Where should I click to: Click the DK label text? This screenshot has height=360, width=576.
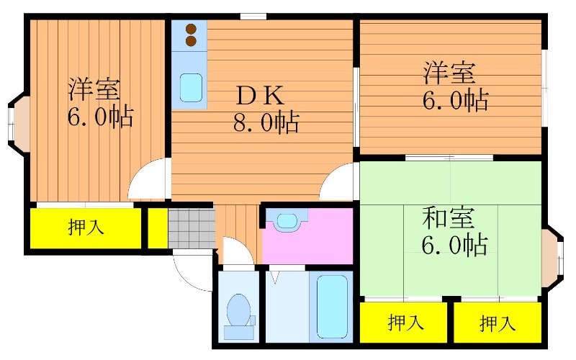pyautogui.click(x=260, y=95)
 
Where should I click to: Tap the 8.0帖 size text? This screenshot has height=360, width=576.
pyautogui.click(x=266, y=122)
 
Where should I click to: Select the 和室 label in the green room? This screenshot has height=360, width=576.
pyautogui.click(x=449, y=218)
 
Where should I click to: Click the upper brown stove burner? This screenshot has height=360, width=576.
pyautogui.click(x=191, y=28)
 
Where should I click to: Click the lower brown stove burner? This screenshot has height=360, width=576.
pyautogui.click(x=191, y=41)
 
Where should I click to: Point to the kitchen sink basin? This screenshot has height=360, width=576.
pyautogui.click(x=191, y=87)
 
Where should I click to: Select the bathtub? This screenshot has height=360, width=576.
pyautogui.click(x=332, y=307)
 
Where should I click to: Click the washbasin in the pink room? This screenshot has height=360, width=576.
pyautogui.click(x=287, y=221)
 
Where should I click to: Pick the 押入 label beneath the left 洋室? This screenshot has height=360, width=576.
pyautogui.click(x=86, y=226)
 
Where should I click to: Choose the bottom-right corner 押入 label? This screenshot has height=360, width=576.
pyautogui.click(x=498, y=323)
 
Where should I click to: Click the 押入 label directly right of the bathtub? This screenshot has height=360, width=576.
pyautogui.click(x=405, y=322)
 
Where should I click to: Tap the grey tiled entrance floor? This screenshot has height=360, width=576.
pyautogui.click(x=192, y=228)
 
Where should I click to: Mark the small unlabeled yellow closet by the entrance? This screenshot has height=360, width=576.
pyautogui.click(x=158, y=228)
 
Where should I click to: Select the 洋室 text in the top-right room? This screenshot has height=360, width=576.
pyautogui.click(x=449, y=73)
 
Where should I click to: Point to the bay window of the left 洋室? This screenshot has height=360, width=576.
pyautogui.click(x=19, y=122)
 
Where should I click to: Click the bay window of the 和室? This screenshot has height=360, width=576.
pyautogui.click(x=553, y=257)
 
